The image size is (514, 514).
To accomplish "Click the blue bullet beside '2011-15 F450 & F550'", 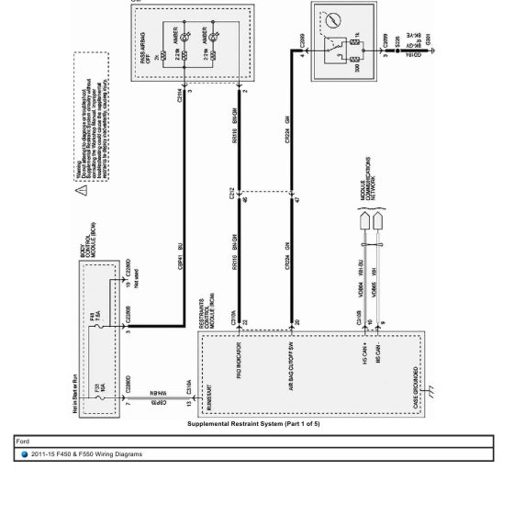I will [25, 453].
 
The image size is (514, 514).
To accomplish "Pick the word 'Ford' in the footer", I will [23, 441].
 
